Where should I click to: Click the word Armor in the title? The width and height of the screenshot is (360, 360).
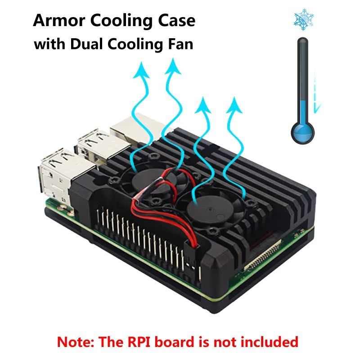tap(59, 21)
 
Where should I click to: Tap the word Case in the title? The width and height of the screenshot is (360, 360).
tap(176, 21)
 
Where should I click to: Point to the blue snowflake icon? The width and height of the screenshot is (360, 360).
tap(304, 20)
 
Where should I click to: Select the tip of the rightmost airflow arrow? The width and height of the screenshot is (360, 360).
tap(234, 97)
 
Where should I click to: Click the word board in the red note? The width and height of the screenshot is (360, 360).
tap(175, 342)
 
